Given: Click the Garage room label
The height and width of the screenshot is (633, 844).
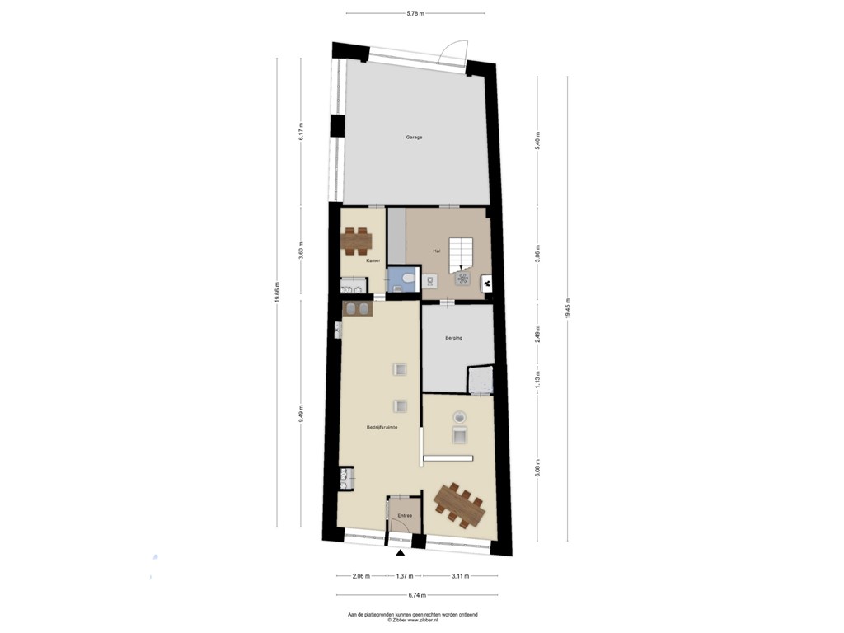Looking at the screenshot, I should click(x=414, y=137).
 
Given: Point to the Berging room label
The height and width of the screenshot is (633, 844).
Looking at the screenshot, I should click(x=453, y=338).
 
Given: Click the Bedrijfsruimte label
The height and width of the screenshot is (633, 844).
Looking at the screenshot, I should click(x=382, y=427).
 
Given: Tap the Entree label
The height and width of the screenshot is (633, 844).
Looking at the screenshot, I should click(x=404, y=516).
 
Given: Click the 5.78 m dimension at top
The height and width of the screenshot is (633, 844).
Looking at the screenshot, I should click(x=415, y=12).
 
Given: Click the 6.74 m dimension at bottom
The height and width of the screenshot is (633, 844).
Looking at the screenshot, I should click(x=416, y=593).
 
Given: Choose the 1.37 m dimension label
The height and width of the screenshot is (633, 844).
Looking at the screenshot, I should click(x=404, y=576).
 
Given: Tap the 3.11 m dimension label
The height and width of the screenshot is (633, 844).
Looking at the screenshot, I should click(x=460, y=576).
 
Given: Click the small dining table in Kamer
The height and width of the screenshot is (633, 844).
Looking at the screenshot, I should click(x=357, y=240).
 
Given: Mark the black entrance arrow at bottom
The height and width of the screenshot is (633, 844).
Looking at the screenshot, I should click(x=400, y=556).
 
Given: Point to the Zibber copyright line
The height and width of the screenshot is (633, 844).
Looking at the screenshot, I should click(x=412, y=620).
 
